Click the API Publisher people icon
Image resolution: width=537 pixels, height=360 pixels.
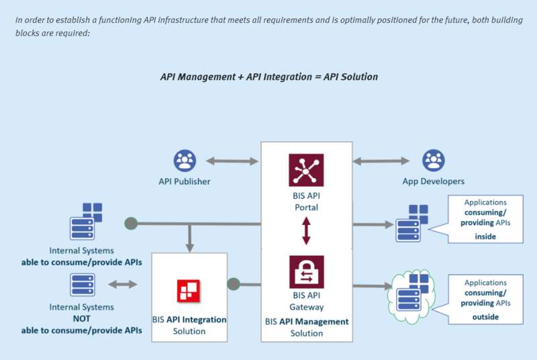pos(184,161)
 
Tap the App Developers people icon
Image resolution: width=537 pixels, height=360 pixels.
pos(433,161)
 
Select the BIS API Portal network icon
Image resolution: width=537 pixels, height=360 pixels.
pos(306,169)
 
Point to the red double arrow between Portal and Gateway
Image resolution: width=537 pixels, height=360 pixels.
pos(306,230)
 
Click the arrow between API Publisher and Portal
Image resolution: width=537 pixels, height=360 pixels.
pos(232,161)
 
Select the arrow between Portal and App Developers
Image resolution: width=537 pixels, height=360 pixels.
pos(381,161)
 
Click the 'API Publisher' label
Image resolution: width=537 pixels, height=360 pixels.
pos(184,181)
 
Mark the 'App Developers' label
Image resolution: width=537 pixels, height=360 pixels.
pos(433,181)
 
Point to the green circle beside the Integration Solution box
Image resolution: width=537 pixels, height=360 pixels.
pos(233,284)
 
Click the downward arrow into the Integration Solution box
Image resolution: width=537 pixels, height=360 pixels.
pos(191,236)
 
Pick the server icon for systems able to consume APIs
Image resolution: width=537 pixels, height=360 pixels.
pos(87,221)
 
